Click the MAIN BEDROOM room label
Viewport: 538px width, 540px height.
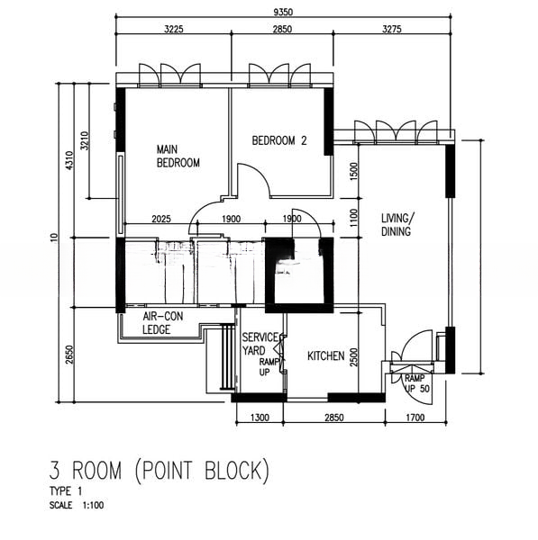178,156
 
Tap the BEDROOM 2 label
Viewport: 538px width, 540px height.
279,140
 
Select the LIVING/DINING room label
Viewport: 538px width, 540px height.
397,224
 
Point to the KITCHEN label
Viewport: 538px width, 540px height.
325,355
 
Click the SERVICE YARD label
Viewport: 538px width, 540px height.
260,344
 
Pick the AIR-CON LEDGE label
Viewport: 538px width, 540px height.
162,323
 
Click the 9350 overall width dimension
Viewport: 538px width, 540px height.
283,13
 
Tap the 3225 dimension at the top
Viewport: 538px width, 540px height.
173,29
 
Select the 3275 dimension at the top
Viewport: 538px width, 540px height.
392,29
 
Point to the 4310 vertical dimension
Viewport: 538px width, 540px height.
69,160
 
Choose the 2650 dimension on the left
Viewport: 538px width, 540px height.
69,355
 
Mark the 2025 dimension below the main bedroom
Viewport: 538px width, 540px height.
161,219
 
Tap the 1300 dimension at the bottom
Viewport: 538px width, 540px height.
260,418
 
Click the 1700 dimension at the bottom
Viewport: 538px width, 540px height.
415,418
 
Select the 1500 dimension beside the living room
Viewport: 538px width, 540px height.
354,171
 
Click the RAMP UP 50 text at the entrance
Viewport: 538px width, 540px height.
417,383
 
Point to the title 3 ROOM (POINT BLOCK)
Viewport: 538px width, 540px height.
159,471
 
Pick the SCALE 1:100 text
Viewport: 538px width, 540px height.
77,505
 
